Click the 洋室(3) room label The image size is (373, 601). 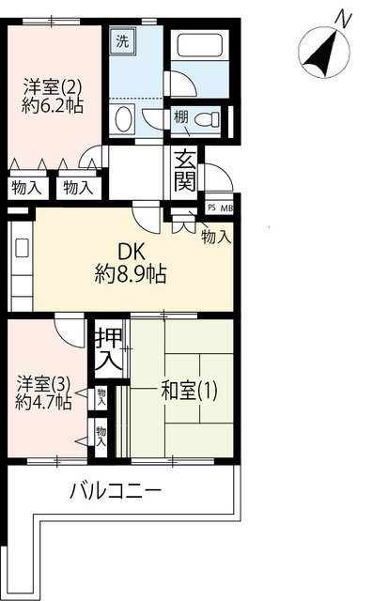tap(42, 383)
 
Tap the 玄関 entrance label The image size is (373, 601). tap(183, 170)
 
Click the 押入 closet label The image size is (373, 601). tap(108, 348)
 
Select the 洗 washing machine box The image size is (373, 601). tap(123, 41)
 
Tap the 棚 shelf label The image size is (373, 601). tap(179, 116)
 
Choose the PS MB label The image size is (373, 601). tap(219, 208)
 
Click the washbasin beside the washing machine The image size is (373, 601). tap(122, 119)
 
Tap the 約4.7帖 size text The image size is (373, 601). tap(42, 402)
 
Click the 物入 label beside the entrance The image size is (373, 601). tap(216, 237)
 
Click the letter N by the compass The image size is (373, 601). tap(345, 18)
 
